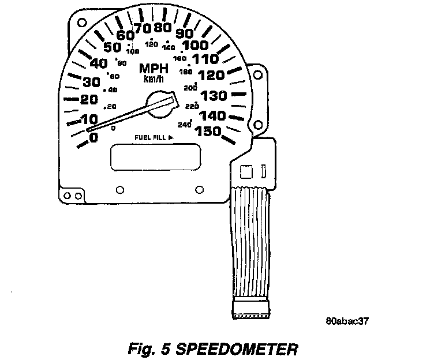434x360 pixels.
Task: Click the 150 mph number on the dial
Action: tap(209, 131)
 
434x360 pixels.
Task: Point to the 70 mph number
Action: tap(141, 28)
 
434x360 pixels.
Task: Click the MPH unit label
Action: tap(154, 69)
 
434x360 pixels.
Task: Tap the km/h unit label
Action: tap(153, 79)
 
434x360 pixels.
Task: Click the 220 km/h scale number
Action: tap(192, 106)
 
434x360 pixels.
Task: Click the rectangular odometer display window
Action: tap(155, 156)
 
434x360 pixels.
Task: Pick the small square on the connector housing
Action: tap(246, 171)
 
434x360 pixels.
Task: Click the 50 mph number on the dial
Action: tap(112, 47)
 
